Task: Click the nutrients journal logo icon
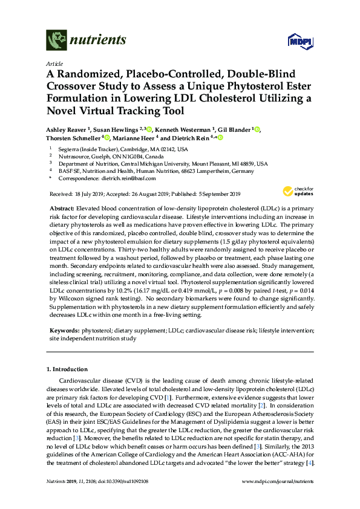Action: pyautogui.click(x=57, y=41)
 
